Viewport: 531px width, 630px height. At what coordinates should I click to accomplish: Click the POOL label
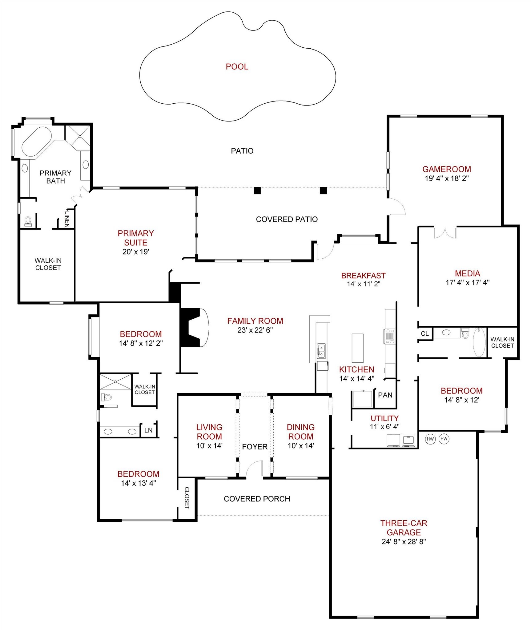pyautogui.click(x=237, y=67)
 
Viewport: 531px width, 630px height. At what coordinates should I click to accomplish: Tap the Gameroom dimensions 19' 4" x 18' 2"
pyautogui.click(x=447, y=178)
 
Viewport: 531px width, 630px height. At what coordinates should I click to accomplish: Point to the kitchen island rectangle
pyautogui.click(x=357, y=348)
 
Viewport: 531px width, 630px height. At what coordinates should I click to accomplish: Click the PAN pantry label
pyautogui.click(x=385, y=395)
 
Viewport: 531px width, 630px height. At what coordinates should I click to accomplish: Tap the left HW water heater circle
pyautogui.click(x=430, y=439)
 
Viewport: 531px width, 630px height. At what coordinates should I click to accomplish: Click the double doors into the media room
pyautogui.click(x=445, y=233)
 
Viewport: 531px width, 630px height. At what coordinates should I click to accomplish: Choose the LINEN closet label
pyautogui.click(x=67, y=219)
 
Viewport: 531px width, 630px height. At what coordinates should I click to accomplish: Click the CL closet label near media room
pyautogui.click(x=425, y=334)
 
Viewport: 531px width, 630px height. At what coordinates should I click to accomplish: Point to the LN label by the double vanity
pyautogui.click(x=148, y=430)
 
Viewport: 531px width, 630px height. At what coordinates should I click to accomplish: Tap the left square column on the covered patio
pyautogui.click(x=257, y=191)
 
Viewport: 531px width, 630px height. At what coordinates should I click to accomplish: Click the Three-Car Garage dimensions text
pyautogui.click(x=404, y=542)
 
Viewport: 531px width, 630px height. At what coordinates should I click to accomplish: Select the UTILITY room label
pyautogui.click(x=384, y=418)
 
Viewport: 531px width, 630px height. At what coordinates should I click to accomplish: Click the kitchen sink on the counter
pyautogui.click(x=321, y=351)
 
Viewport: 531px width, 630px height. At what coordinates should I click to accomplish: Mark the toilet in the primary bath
pyautogui.click(x=28, y=221)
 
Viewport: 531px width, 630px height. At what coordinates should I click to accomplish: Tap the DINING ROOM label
pyautogui.click(x=300, y=432)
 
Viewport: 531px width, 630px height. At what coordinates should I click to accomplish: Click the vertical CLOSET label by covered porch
pyautogui.click(x=187, y=498)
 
